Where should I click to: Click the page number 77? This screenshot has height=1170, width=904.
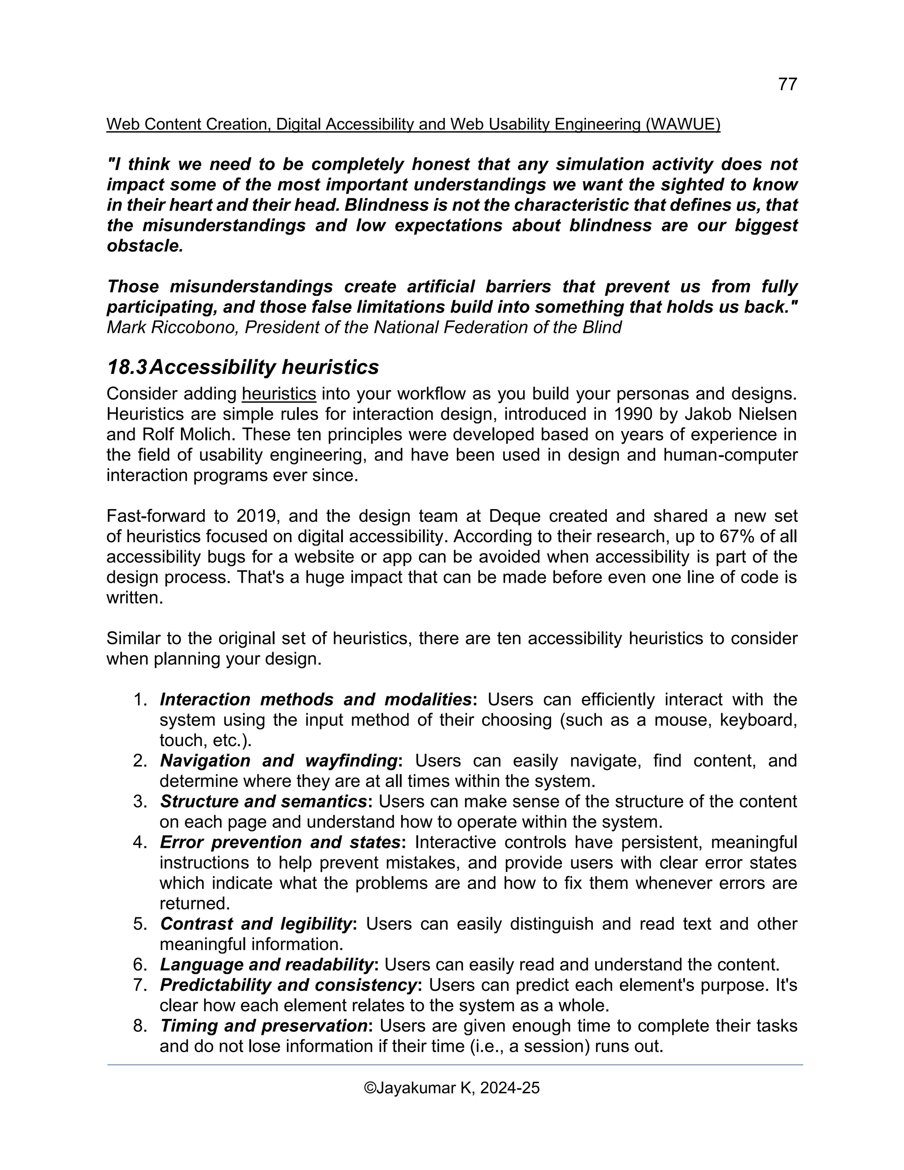click(x=787, y=84)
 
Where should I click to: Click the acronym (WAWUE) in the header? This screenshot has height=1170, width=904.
click(x=683, y=125)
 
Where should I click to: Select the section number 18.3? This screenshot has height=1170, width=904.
click(x=127, y=367)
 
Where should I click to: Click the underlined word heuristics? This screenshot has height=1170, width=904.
click(x=279, y=394)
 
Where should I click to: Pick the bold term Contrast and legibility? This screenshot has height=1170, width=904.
click(x=256, y=924)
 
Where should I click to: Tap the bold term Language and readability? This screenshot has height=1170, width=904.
click(x=267, y=964)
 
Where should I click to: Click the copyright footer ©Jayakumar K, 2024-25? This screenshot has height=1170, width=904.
click(x=452, y=1088)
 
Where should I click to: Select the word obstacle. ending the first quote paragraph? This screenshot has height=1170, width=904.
click(x=145, y=246)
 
